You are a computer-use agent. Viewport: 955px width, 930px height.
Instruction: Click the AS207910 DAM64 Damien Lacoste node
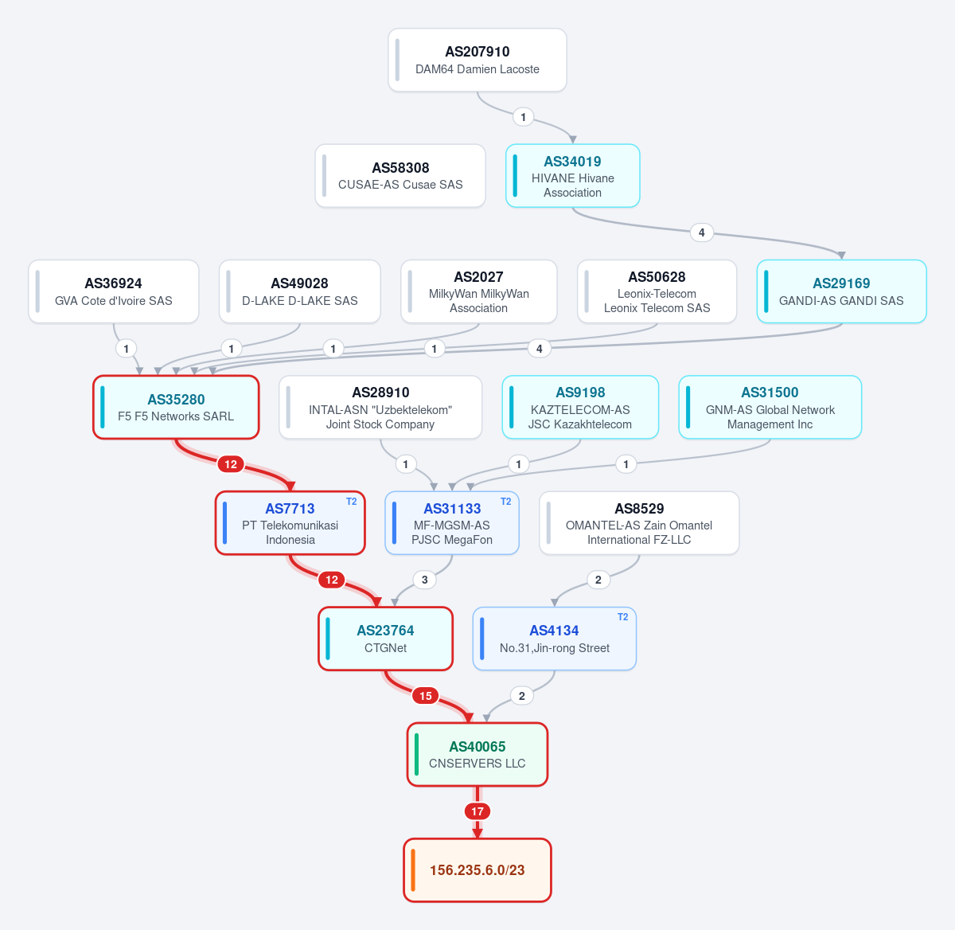(477, 60)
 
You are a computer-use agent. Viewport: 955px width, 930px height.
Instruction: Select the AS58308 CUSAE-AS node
(400, 176)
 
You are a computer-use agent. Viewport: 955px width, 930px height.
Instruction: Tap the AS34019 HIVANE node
(573, 176)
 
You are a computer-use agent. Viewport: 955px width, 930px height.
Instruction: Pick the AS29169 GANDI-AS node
(842, 291)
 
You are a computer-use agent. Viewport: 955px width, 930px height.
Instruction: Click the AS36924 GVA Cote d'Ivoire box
(113, 291)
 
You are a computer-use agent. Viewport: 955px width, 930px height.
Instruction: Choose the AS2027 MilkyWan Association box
(478, 291)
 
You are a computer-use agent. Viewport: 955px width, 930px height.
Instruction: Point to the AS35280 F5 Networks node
(176, 408)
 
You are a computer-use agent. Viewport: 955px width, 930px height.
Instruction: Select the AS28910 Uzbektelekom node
(380, 408)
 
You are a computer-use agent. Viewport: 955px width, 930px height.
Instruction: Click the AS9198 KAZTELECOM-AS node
(580, 408)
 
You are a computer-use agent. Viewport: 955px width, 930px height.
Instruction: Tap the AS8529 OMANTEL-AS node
(639, 523)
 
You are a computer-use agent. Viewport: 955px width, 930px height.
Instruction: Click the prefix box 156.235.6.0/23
(477, 870)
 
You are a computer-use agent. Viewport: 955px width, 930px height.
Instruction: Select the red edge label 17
(477, 811)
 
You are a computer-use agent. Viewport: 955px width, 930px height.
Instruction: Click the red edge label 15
(426, 696)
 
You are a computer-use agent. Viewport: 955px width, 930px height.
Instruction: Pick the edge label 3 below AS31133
(424, 580)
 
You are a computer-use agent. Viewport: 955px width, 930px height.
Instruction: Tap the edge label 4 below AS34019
(702, 232)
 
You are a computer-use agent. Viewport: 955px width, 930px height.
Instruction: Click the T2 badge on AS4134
(623, 617)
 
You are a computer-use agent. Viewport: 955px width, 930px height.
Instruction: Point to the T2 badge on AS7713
(352, 502)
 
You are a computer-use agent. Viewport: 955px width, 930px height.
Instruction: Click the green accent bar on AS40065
(417, 755)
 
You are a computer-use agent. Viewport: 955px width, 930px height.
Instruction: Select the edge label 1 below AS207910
(523, 117)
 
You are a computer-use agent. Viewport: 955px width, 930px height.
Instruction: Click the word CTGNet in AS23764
(385, 648)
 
